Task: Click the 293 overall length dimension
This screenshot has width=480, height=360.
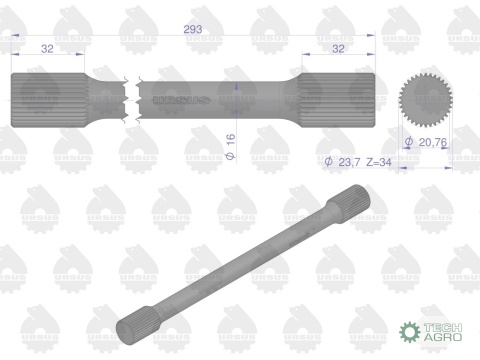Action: coord(193,30)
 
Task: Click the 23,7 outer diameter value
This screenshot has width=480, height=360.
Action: coord(350,161)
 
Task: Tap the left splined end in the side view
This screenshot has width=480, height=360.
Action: coord(47,99)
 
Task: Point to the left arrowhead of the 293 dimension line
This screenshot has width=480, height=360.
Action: coord(16,36)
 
